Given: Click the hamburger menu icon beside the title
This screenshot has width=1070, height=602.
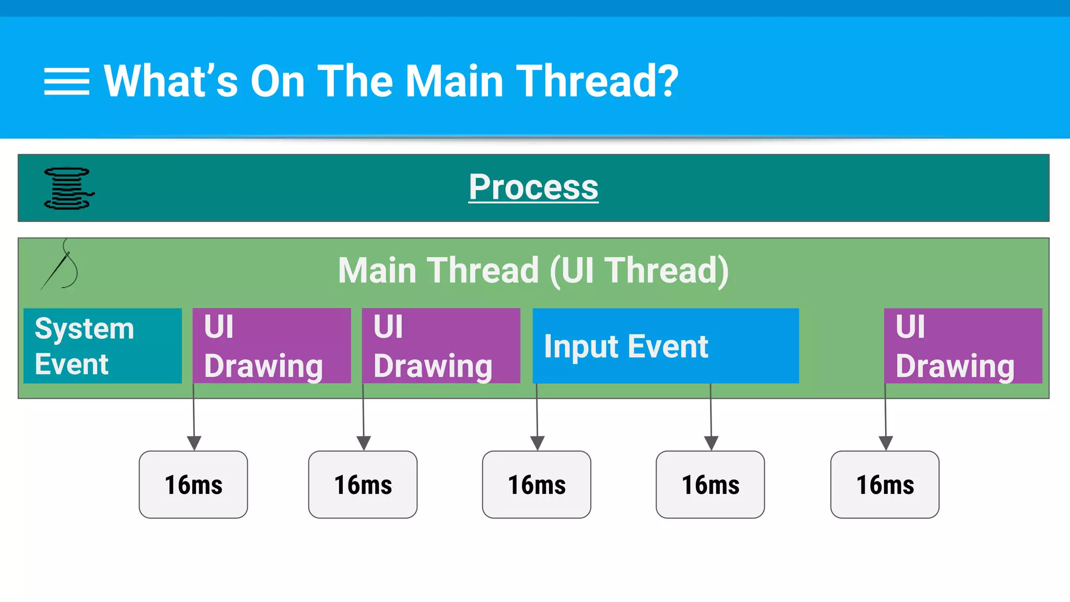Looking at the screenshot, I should pyautogui.click(x=66, y=82).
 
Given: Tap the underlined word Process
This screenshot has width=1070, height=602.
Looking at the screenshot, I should pyautogui.click(x=533, y=187).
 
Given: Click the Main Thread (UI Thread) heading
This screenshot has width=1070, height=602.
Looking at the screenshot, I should pyautogui.click(x=533, y=270).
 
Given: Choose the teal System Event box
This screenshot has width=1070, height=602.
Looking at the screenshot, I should pyautogui.click(x=102, y=346).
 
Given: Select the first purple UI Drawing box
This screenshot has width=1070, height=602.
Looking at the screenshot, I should pyautogui.click(x=272, y=346).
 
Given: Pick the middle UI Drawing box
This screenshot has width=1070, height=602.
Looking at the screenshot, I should pyautogui.click(x=441, y=346).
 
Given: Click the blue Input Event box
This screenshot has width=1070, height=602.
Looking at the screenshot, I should pyautogui.click(x=665, y=346).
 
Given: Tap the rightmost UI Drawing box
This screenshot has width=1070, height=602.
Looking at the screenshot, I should pyautogui.click(x=963, y=346).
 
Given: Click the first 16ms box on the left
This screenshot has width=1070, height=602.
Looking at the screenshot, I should pyautogui.click(x=193, y=484).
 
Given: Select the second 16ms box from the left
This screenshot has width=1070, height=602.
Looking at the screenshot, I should pyautogui.click(x=363, y=484).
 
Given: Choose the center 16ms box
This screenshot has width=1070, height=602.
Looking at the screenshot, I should pyautogui.click(x=537, y=484).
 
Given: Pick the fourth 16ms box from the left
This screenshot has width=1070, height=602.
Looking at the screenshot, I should pyautogui.click(x=711, y=484).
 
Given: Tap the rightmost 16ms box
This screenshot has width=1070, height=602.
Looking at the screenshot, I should pyautogui.click(x=885, y=484).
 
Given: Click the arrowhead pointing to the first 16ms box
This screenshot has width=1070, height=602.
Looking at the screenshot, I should pyautogui.click(x=194, y=443).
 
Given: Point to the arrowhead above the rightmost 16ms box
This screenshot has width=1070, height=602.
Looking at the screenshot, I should pyautogui.click(x=886, y=443).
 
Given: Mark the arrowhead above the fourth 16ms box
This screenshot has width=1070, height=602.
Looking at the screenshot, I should pyautogui.click(x=711, y=443).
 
